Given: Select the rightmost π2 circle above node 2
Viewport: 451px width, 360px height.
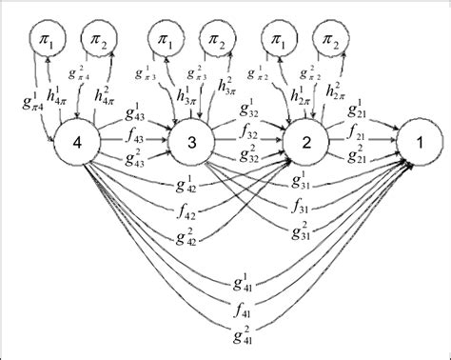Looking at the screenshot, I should (330, 40).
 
